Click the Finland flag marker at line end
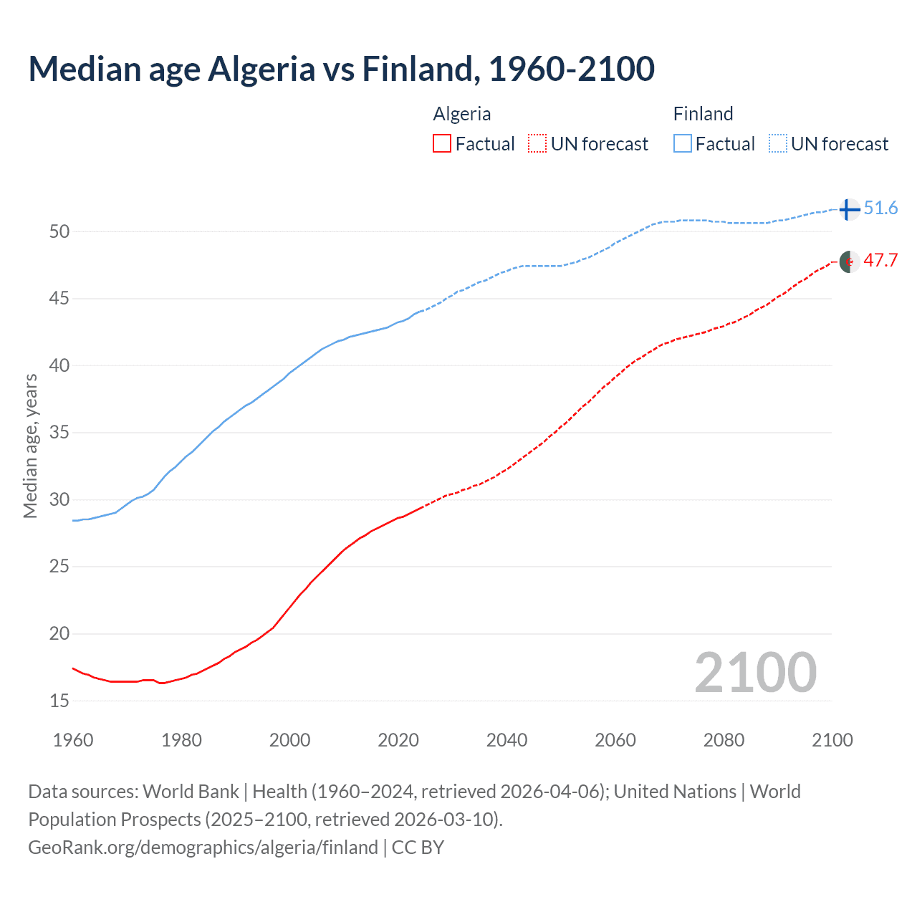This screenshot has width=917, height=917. coord(849,209)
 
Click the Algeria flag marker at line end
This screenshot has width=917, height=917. coord(849,261)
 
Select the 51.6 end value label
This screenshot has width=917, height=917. coord(880,208)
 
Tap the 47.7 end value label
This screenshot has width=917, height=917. coord(880,260)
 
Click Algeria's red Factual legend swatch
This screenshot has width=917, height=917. coord(442,144)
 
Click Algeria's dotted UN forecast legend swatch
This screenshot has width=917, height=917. coord(537,144)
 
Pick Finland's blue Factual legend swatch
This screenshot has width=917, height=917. coord(683,144)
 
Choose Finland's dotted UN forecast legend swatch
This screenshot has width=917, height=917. coord(778,144)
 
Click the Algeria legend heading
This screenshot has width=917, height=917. coord(462,114)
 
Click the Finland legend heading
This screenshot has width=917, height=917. coord(703,114)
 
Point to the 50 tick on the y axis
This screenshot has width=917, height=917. coord(59,231)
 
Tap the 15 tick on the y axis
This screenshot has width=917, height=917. coord(59,701)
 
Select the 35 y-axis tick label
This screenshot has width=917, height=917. coord(59,433)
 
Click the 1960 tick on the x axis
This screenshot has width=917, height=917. coord(73,740)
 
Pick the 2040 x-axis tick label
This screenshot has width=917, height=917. coord(506,740)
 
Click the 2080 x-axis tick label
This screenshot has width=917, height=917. coord(724,740)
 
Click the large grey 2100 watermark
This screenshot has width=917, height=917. coord(755,673)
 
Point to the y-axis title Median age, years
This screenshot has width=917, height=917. coord(30,446)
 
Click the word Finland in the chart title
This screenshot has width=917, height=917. coord(421,69)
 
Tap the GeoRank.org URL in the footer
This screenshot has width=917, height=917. coord(203,848)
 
